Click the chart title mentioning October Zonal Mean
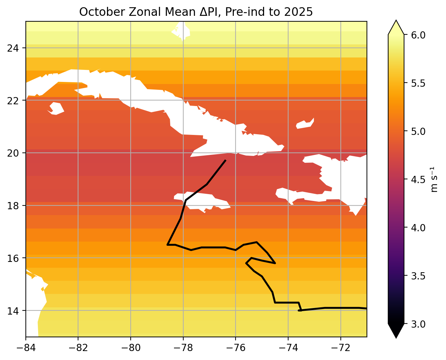pyautogui.click(x=196, y=12)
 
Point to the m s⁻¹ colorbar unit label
pyautogui.click(x=434, y=179)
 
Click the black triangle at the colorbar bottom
pyautogui.click(x=396, y=331)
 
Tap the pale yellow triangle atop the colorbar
pyautogui.click(x=396, y=28)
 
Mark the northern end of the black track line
pyautogui.click(x=225, y=160)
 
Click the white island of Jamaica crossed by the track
pyautogui.click(x=203, y=201)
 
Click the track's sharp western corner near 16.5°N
pyautogui.click(x=167, y=244)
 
